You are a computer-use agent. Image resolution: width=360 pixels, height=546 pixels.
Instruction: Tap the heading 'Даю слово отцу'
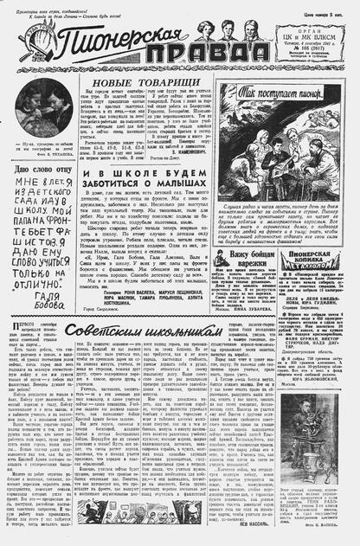(x=44, y=168)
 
